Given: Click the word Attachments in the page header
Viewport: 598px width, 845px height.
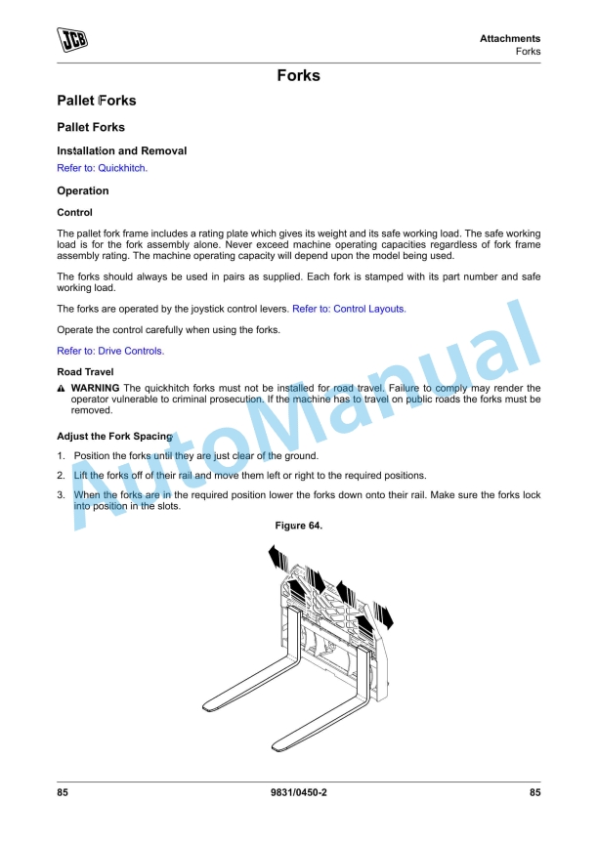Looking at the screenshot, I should pos(509,39).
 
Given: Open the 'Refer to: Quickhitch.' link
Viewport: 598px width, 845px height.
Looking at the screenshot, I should pos(102,168).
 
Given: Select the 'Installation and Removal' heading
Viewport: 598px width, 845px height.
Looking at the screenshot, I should pos(121,151).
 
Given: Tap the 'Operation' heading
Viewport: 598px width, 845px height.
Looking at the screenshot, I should pos(83,190).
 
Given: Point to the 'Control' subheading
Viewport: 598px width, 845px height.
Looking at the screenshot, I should pos(75,212).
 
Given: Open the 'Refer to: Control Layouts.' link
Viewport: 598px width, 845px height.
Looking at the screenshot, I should pos(349,309).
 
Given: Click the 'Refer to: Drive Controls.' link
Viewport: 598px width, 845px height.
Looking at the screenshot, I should pos(110,351).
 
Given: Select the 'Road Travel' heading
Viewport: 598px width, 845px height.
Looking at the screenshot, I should pos(85,372).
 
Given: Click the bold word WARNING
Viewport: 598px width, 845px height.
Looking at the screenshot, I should pos(96,388).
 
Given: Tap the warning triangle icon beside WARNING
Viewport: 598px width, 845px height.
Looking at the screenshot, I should pos(62,389).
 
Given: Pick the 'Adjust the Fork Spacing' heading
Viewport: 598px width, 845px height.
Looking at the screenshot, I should pos(114,436).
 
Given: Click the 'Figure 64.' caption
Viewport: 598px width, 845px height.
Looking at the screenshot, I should pos(298,526).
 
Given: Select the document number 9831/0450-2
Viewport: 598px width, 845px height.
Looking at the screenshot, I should pos(298,793).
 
